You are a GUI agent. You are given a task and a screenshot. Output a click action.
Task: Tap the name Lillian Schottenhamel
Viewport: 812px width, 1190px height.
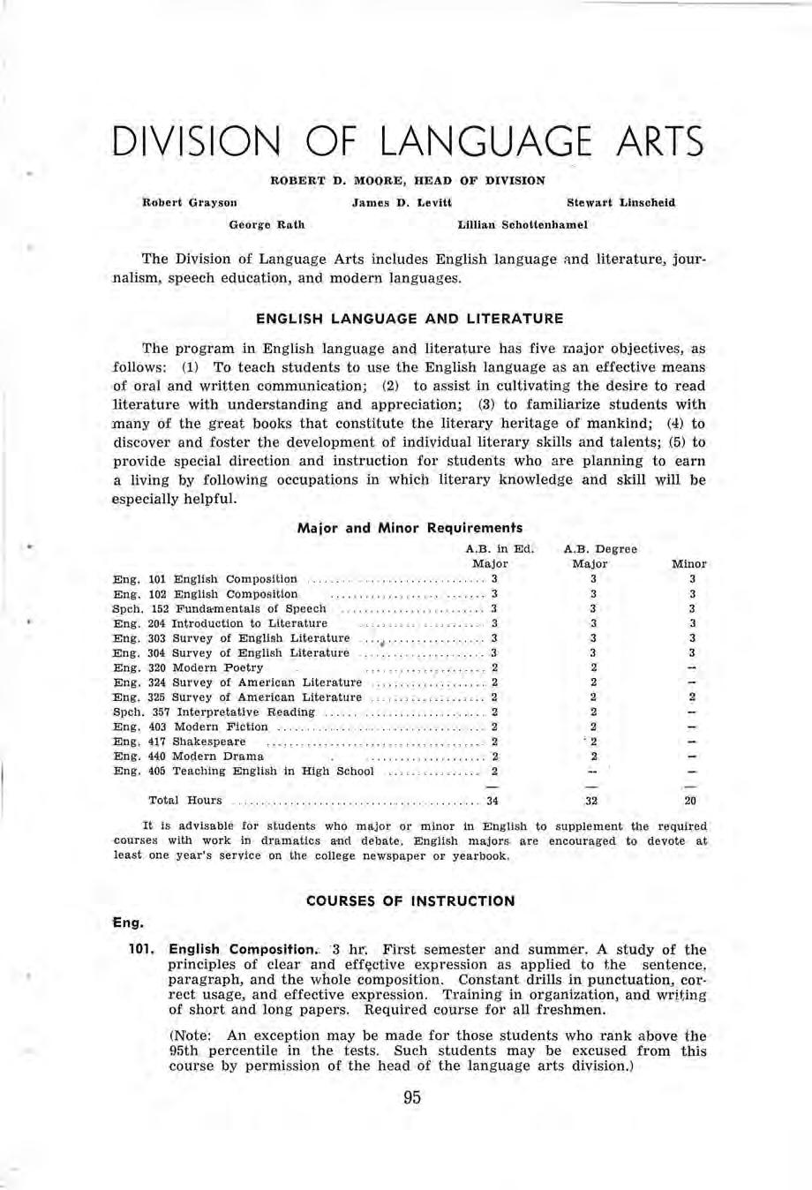coord(523,225)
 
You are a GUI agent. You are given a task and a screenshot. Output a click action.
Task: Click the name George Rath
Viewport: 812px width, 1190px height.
coord(267,225)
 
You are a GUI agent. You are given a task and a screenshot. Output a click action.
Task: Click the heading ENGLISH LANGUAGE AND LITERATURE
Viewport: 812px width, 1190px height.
coord(409,318)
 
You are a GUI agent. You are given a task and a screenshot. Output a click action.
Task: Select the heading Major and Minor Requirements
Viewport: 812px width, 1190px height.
coord(410,529)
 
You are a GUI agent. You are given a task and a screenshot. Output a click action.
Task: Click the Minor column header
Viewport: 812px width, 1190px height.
coord(689,563)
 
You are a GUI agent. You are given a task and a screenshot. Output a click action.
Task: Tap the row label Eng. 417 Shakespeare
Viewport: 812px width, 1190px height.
coord(180,742)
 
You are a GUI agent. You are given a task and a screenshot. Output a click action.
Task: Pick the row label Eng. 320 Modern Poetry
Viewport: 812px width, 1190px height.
coord(188,667)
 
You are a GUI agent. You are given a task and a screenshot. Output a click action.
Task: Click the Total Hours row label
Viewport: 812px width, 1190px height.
coord(185,801)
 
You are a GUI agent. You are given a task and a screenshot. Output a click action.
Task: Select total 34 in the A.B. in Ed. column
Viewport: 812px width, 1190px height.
coord(492,802)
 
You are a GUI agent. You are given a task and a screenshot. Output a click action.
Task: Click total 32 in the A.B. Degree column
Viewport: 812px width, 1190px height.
coord(592,802)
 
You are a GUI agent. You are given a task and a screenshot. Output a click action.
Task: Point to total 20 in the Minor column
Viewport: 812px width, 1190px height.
coord(691,802)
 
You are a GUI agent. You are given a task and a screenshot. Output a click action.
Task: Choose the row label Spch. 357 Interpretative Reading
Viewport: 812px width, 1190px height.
coord(214,712)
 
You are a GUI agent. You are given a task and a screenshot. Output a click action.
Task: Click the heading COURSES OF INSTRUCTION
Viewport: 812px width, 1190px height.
coord(410,901)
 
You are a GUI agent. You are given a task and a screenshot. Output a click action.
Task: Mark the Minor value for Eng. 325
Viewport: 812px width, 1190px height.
coord(692,697)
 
